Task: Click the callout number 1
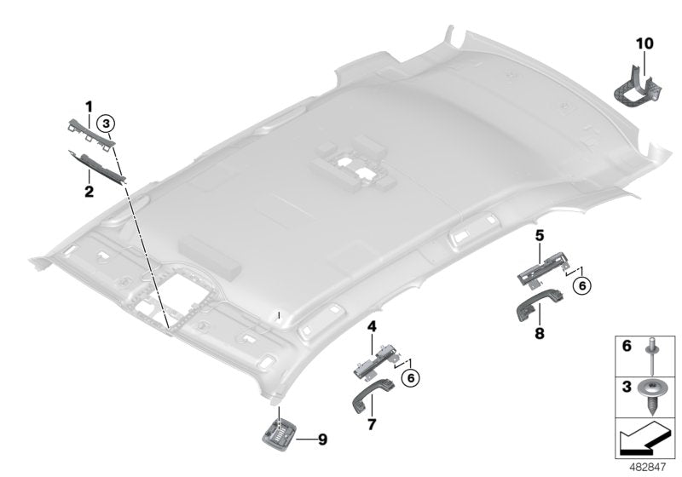(89, 106)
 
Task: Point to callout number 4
(372, 326)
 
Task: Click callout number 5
(539, 233)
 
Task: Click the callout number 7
(372, 423)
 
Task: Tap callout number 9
(321, 440)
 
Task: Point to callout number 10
(644, 42)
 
